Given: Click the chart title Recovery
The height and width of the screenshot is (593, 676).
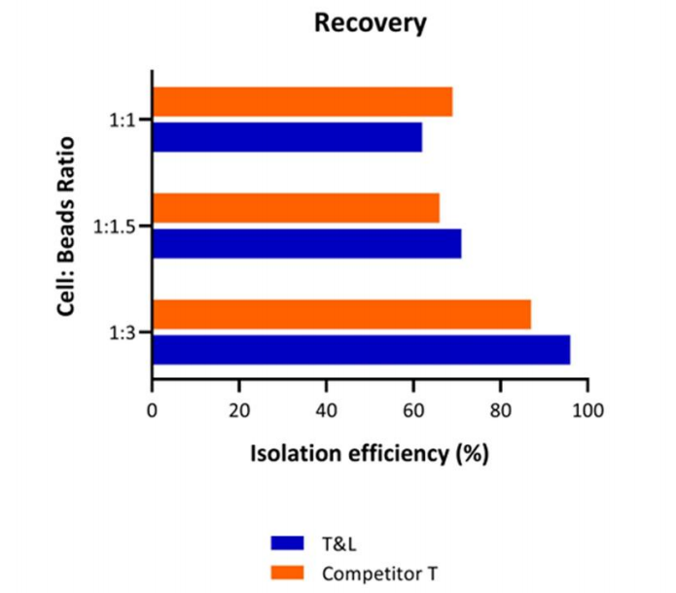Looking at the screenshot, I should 370,23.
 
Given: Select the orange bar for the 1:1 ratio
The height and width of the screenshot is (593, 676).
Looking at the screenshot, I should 302,102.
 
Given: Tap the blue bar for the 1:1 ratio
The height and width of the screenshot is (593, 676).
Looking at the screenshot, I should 287,137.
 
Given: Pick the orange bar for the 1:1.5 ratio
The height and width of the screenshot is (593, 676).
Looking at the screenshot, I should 296,208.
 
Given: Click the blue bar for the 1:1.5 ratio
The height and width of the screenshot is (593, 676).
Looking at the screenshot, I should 306,243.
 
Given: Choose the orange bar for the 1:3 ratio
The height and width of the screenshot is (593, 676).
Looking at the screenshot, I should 341,314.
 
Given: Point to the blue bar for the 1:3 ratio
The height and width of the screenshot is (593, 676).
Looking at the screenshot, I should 361,349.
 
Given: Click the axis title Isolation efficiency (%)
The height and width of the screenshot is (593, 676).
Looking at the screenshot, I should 370,453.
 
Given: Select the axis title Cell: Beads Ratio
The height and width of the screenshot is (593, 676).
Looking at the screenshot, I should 67,227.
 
